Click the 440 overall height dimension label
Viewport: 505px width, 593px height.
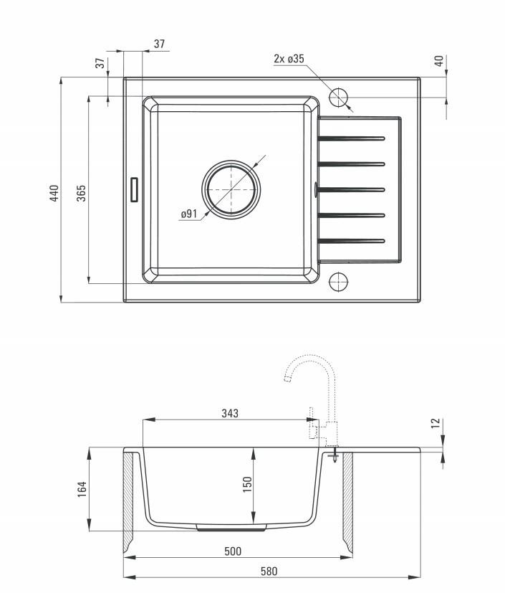(54, 193)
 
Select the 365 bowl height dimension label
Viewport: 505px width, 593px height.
(81, 193)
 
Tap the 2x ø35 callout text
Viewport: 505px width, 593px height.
(289, 59)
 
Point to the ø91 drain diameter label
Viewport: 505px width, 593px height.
(189, 214)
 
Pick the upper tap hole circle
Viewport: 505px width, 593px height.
(338, 97)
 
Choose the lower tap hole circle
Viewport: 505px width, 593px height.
(338, 281)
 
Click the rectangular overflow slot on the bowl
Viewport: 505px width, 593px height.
(134, 189)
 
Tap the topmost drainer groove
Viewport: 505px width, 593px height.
(352, 138)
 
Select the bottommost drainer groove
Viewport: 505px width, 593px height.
(352, 241)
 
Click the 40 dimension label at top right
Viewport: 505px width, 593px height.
(438, 60)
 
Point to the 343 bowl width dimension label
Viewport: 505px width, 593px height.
(230, 413)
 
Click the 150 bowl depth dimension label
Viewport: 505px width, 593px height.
(246, 485)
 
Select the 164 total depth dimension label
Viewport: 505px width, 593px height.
(82, 489)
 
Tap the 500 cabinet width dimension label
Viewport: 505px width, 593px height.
(233, 551)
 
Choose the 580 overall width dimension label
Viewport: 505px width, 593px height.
(269, 571)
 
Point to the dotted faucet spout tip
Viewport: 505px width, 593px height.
(287, 378)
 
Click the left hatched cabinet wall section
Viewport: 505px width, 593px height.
(128, 501)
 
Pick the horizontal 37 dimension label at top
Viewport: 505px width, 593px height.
(160, 44)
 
